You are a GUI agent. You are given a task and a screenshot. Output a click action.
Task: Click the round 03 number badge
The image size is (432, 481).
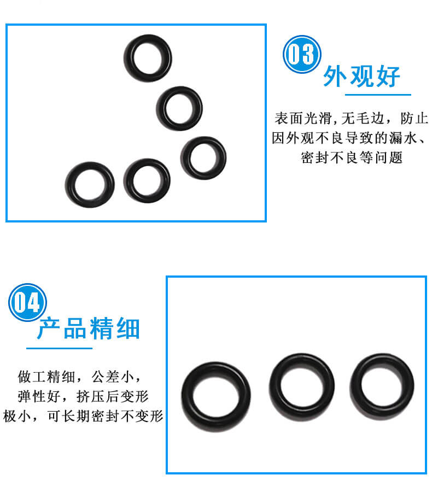pos(302,54)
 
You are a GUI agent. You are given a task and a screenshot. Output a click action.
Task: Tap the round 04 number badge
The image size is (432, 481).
pos(27,302)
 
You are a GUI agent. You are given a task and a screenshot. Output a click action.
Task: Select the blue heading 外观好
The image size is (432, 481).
pos(362,77)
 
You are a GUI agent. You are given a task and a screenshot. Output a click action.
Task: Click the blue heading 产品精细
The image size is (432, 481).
pos(89,329)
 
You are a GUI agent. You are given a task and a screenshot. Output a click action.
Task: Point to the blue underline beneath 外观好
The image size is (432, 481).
pos(378,95)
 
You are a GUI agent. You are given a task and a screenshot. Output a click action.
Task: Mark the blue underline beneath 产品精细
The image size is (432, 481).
pos(59,348)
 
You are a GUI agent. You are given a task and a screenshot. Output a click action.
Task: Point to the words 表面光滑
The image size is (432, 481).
pos(303,119)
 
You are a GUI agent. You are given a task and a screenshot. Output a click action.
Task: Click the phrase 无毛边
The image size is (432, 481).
pos(362,119)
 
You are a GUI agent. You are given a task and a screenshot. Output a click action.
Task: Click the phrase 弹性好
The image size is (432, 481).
pos(39,396)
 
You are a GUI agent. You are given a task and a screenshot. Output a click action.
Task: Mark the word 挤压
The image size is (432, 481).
pos(90,396)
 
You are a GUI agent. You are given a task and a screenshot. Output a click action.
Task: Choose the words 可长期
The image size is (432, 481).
pos(68,417)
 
